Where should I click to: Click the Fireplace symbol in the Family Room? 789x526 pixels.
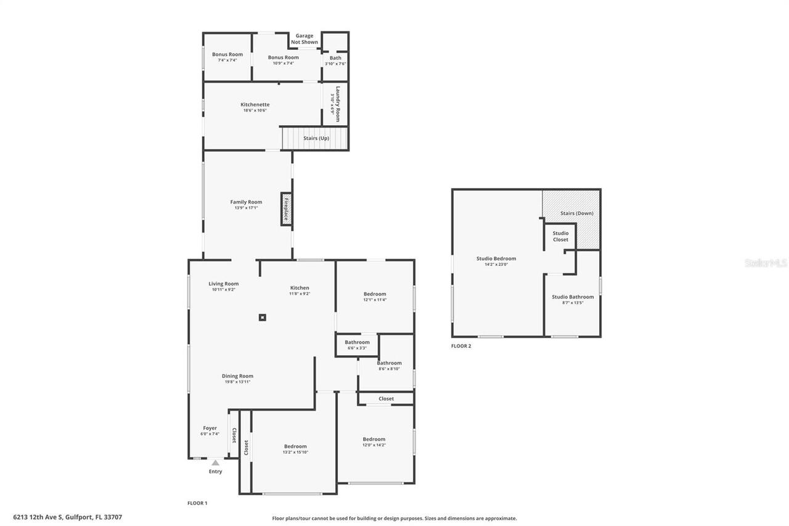[287, 209]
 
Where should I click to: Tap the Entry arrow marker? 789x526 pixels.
[215, 462]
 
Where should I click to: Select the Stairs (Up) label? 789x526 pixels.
[316, 138]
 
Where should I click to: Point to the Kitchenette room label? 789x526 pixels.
[255, 105]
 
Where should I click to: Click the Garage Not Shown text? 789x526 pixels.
[305, 39]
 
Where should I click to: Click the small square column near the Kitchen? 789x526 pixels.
[263, 318]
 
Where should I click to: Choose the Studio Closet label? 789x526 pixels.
[560, 236]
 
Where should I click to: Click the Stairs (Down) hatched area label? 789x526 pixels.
[576, 213]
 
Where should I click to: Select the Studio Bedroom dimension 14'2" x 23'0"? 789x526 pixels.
[496, 265]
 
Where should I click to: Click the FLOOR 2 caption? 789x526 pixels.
[461, 346]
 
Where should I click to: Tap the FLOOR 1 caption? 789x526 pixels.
[197, 503]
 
